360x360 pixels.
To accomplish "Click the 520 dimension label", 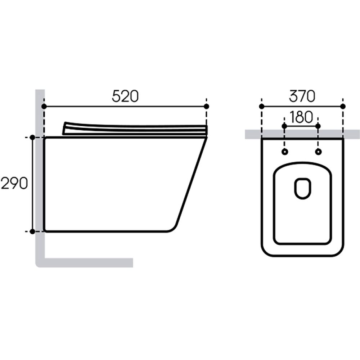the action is (x=125, y=96).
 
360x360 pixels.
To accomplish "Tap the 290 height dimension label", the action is (x=14, y=184).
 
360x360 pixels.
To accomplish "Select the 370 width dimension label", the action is (x=302, y=96).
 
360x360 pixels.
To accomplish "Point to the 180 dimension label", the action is (x=301, y=117).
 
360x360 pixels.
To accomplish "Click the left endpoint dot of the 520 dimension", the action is (x=44, y=107).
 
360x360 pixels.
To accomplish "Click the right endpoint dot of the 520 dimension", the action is (x=206, y=107).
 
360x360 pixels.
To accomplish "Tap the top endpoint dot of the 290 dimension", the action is (x=33, y=138).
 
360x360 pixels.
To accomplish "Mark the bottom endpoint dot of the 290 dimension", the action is (x=33, y=231).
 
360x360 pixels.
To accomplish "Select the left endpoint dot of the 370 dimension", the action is (x=261, y=107).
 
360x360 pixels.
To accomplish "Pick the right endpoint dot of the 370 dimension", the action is (x=343, y=107).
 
